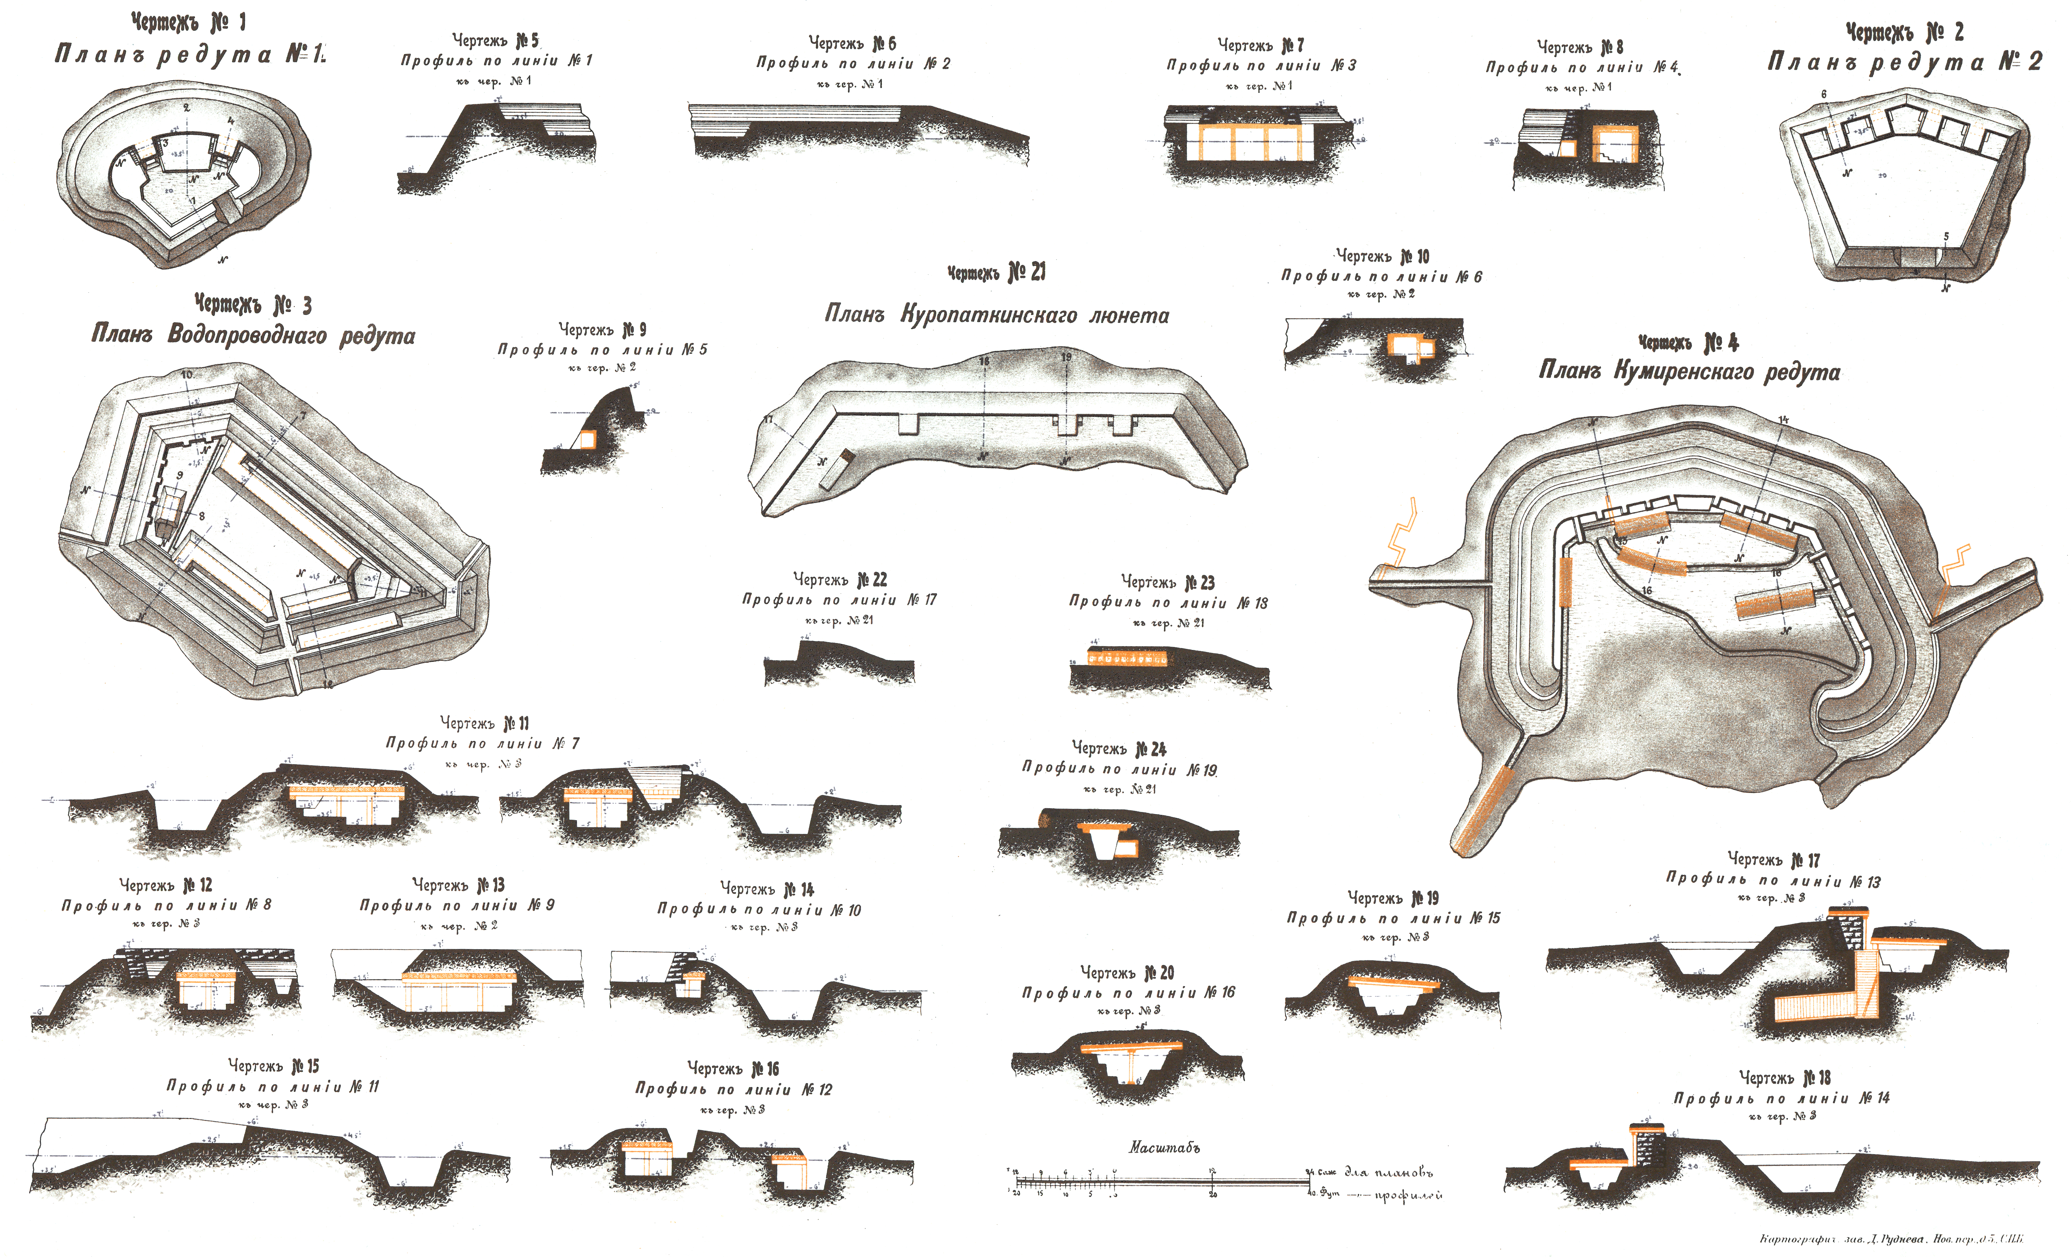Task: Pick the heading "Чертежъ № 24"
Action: point(1119,748)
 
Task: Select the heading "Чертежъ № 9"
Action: point(602,329)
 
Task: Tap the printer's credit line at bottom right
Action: point(1891,1238)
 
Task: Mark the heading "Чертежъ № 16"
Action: point(733,1069)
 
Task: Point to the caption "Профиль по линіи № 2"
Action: point(853,63)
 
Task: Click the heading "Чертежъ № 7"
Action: point(1261,44)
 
